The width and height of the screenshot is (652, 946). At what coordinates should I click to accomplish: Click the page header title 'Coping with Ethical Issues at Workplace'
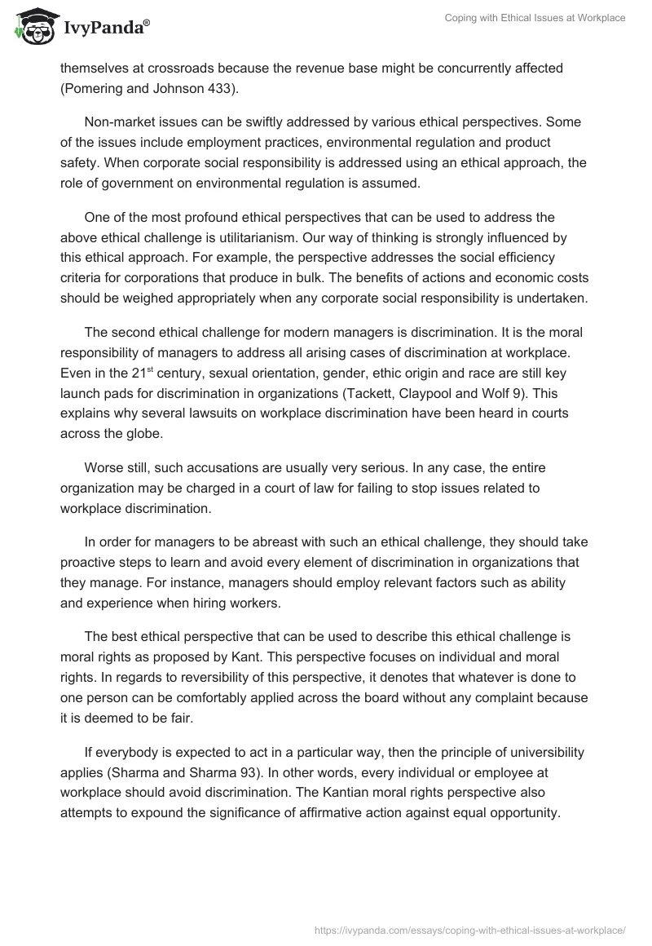click(x=535, y=18)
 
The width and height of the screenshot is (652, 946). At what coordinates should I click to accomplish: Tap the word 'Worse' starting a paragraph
click(x=104, y=468)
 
